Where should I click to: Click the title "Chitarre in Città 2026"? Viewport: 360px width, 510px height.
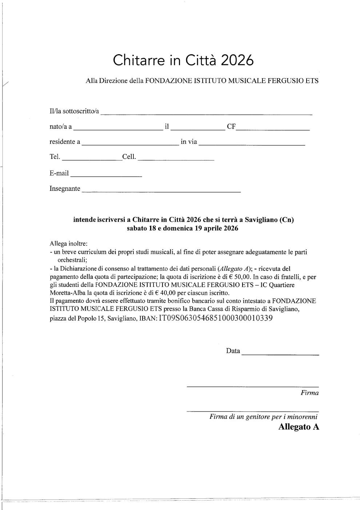coord(183,60)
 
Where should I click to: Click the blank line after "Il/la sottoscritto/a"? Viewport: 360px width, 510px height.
coord(206,113)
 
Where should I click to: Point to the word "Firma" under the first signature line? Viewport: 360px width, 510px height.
coord(309,393)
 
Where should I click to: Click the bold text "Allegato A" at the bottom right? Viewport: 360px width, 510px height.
coord(299,427)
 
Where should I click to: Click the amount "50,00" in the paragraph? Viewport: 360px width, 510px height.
coord(242,277)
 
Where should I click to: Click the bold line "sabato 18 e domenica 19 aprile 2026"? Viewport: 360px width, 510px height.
coord(183,229)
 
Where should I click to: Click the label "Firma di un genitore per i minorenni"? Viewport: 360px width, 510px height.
coord(263,417)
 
